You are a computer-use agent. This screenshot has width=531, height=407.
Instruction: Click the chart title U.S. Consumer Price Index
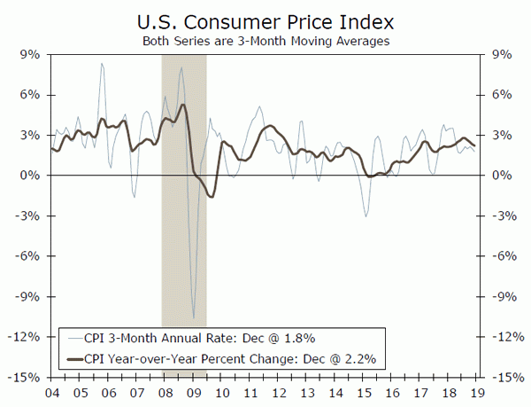point(265,20)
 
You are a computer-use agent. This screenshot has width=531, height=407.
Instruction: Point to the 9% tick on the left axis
point(29,54)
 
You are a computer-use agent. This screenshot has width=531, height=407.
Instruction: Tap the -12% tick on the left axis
point(26,337)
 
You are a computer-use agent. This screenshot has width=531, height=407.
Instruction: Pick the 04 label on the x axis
point(53,391)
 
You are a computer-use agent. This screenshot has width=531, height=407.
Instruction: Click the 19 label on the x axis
point(478,391)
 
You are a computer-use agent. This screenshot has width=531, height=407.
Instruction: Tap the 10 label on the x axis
point(222,391)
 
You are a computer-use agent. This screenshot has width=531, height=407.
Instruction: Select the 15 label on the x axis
point(365,391)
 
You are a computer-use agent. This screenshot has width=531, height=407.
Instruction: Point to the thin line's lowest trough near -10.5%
point(193,317)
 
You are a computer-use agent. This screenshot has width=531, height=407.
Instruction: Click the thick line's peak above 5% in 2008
point(182,105)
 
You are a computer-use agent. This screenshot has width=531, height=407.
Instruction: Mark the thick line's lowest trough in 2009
point(211,196)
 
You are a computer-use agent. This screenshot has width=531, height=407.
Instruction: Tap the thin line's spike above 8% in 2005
point(102,63)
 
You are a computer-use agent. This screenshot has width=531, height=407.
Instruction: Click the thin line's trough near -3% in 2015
point(366,215)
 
